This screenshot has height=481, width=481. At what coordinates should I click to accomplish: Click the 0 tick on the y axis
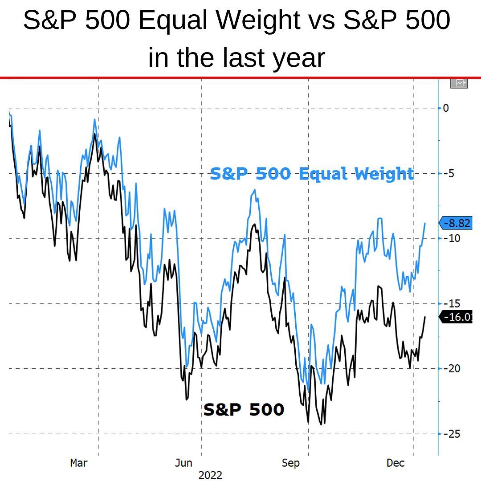[x=446, y=108]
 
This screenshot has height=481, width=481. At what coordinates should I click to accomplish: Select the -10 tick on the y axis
[x=449, y=238]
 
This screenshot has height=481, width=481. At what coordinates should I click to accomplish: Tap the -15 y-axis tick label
[x=449, y=303]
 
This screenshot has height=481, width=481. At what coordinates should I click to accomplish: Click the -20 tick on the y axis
[x=449, y=368]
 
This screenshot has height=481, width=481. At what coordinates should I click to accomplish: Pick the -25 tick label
[x=449, y=433]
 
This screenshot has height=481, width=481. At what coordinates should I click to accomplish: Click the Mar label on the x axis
[x=79, y=463]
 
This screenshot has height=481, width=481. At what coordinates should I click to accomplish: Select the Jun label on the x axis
[x=183, y=463]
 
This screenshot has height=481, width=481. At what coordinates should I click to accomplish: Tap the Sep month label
[x=290, y=463]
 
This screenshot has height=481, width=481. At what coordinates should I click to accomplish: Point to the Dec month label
[x=395, y=463]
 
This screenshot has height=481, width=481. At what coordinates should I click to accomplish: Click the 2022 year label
[x=210, y=475]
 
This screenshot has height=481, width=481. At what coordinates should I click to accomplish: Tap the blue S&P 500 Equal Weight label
[x=312, y=174]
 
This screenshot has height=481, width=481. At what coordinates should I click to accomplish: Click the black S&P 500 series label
[x=244, y=409]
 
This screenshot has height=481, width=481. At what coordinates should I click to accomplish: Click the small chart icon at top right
[x=459, y=83]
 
